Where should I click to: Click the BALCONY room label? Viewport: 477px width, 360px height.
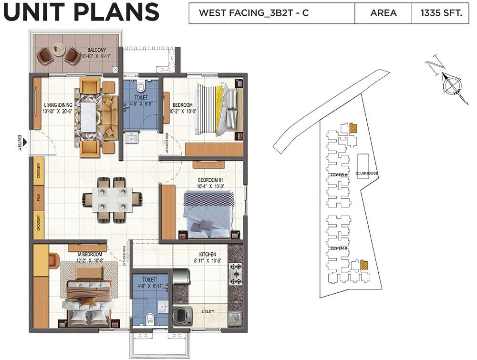tap(96, 50)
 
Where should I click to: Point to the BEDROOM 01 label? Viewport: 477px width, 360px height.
tap(211, 180)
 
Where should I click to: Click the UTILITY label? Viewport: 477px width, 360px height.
tap(208, 312)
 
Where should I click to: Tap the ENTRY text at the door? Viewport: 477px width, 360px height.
tap(20, 143)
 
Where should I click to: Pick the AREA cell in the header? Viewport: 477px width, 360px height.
tap(383, 13)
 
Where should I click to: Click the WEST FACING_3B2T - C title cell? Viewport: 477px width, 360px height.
tap(253, 13)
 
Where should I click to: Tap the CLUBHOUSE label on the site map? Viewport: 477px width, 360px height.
tap(367, 173)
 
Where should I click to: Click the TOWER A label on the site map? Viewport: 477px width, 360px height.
tap(339, 175)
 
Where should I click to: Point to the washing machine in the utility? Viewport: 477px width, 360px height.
tap(182, 316)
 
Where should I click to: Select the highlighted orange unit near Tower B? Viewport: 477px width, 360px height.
tap(364, 265)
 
